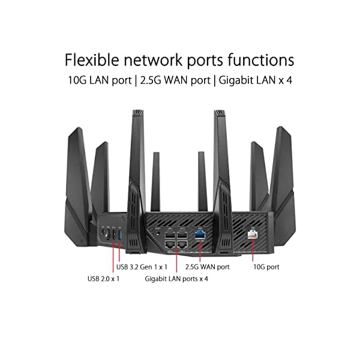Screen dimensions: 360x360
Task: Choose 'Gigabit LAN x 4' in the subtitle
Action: [254, 80]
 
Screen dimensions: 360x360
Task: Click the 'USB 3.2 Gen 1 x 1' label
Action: [142, 266]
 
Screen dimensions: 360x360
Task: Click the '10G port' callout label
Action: [265, 266]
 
